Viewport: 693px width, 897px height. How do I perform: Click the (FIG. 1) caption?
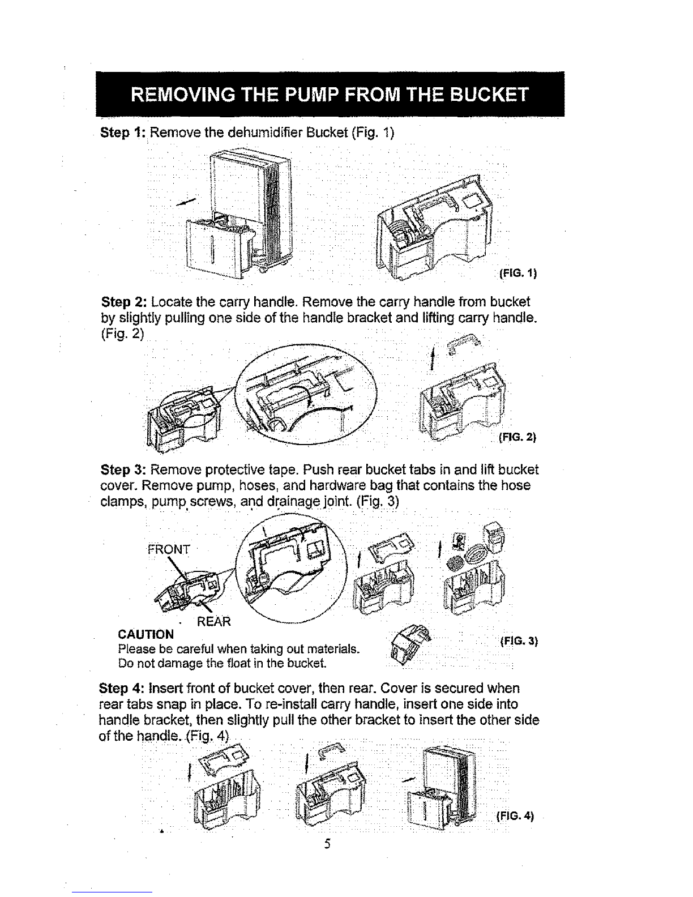pos(518,275)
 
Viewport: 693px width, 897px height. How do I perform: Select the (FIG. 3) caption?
pos(519,642)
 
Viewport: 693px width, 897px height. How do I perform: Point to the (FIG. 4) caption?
pos(515,816)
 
